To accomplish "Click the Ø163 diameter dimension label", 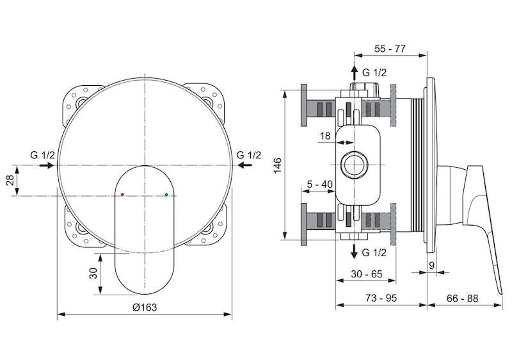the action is point(145,307).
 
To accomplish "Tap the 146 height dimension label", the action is point(277,165).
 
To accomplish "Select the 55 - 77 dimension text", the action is point(390,49).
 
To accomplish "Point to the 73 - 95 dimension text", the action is point(381,298).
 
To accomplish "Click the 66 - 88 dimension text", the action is point(462,298).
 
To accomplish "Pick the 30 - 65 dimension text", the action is point(366,274).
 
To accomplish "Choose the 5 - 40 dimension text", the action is point(319,184).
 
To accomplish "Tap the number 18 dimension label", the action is point(325,136).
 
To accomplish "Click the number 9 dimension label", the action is point(431,266).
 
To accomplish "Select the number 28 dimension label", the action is point(10,180).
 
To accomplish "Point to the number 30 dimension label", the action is point(93,273).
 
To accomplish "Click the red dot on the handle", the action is point(122,195).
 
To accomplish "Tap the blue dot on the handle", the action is point(166,195).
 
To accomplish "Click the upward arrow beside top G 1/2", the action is point(355,73).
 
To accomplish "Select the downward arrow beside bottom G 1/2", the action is point(355,251).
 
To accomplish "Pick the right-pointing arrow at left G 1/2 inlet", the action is point(46,165).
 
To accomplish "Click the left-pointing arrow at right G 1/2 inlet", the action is point(245,165).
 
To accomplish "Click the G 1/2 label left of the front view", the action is point(42,155).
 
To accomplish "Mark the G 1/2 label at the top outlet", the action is point(374,72).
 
